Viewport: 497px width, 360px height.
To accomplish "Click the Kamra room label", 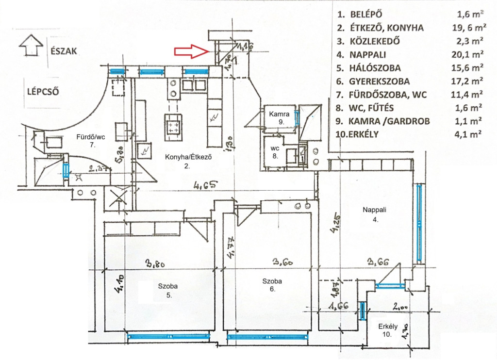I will [280, 114].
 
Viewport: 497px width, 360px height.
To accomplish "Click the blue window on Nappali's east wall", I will [419, 224].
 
